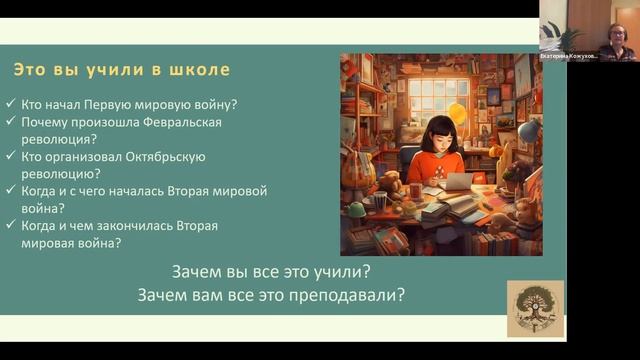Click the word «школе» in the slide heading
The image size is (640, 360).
203,70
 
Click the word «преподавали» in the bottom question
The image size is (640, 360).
351,295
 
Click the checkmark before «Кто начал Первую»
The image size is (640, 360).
10,105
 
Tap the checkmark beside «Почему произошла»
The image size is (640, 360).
10,122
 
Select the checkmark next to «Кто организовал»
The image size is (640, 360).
10,156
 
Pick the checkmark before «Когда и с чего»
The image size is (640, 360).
10,191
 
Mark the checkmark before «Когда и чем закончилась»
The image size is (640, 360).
10,226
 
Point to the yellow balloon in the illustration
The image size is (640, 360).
459,113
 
